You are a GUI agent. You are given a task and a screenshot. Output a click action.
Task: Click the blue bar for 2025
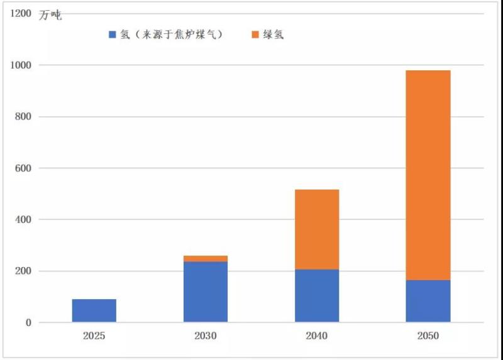point(94,311)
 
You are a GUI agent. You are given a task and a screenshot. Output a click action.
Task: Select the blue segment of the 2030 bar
point(206,292)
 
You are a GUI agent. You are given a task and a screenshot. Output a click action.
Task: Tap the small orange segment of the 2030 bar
point(206,258)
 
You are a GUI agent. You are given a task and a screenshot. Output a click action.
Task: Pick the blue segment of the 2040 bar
point(317,296)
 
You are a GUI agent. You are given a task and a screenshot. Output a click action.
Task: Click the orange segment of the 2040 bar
point(317,229)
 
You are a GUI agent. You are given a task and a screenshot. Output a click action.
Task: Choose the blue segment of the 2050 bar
point(428,302)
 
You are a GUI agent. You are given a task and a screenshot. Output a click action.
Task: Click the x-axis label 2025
point(94,336)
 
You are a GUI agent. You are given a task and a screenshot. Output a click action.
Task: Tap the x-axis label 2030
point(206,336)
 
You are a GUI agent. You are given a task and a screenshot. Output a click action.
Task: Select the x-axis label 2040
point(317,336)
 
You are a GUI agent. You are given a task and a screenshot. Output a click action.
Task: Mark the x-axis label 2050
point(428,336)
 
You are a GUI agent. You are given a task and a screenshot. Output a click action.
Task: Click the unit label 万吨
point(50,16)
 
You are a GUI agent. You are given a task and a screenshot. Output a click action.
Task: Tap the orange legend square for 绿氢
point(256,35)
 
